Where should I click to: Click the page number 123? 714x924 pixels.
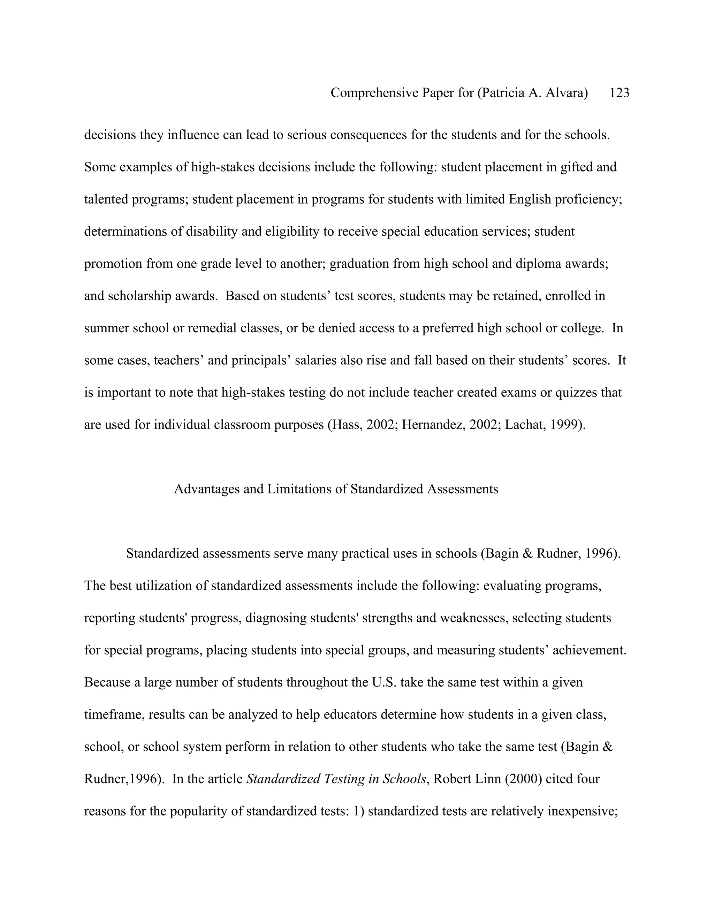coord(619,93)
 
